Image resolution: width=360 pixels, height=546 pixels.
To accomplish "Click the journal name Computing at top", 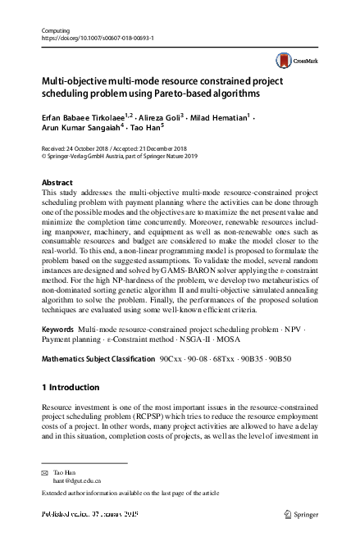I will point(54,30).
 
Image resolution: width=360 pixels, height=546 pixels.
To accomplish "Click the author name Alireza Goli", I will point(162,116).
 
